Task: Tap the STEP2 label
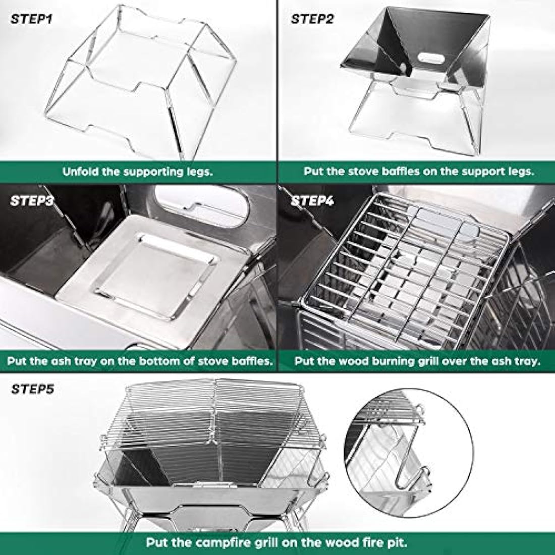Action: click(x=312, y=20)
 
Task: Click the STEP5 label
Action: click(x=32, y=389)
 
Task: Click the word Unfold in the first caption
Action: click(x=79, y=171)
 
